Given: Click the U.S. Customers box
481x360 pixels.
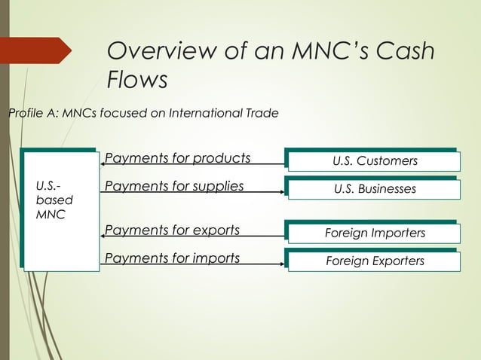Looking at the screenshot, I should [375, 161].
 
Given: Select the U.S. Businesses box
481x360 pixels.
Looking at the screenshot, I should [375, 189].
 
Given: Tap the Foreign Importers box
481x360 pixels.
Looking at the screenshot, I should [375, 233].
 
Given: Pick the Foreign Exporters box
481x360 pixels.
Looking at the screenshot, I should [375, 261].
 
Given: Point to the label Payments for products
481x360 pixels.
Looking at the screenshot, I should [177, 158].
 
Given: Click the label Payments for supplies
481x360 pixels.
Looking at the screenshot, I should [174, 185].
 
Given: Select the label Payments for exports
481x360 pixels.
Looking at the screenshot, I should [172, 230].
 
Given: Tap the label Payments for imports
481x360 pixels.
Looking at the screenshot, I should [172, 258].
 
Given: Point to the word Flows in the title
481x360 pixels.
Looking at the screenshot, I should [137, 79].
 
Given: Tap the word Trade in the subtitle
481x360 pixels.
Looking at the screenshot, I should [263, 114].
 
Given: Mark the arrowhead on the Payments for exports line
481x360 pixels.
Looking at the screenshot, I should [103, 236].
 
